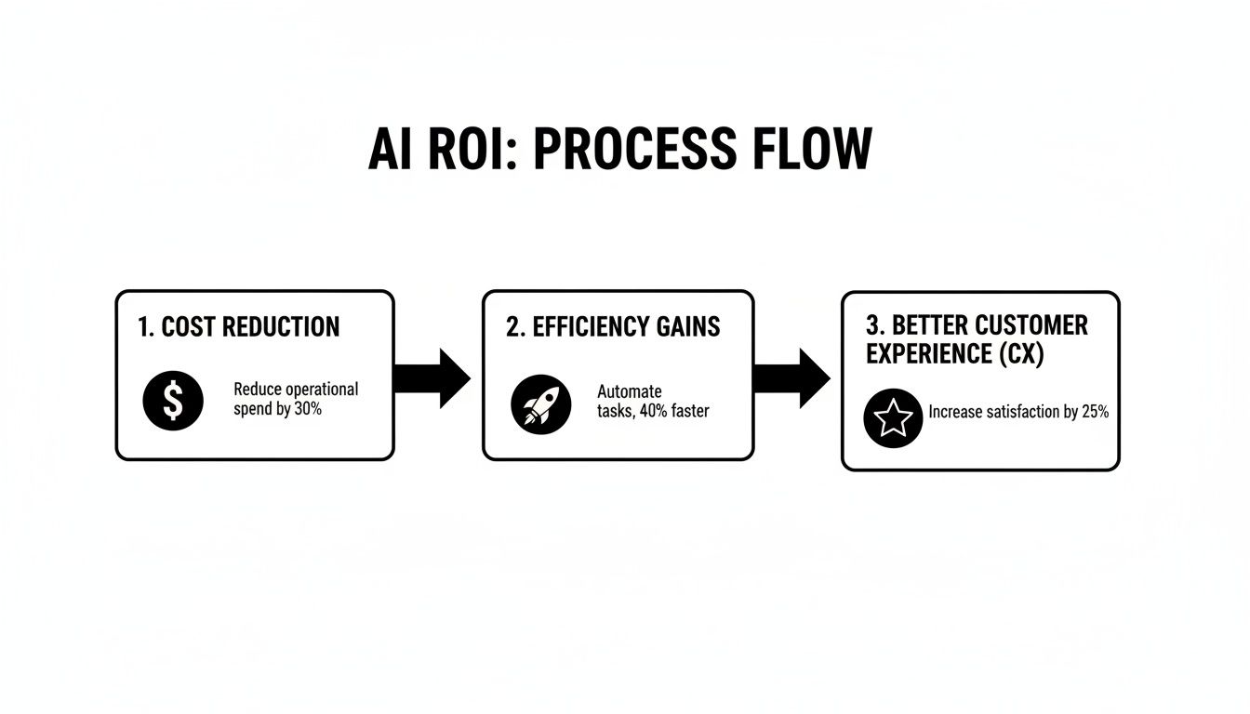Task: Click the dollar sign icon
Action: point(172,401)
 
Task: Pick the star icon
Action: point(893,418)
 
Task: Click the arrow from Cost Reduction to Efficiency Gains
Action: point(432,378)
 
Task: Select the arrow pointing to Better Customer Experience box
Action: point(791,378)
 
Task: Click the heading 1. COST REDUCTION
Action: point(239,327)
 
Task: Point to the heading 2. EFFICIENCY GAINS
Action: point(613,327)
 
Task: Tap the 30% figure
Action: point(308,408)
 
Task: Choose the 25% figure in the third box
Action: point(1096,412)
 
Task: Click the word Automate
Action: point(630,391)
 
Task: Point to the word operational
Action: point(322,389)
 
